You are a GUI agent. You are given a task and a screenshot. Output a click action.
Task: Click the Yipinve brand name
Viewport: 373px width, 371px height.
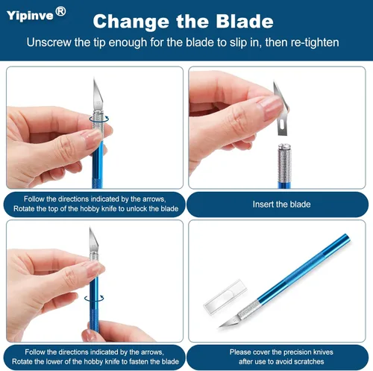coord(30,16)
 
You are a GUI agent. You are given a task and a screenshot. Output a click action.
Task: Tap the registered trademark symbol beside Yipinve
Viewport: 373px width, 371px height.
coord(60,12)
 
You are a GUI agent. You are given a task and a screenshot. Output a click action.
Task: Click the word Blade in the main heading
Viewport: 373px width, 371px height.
coord(245,21)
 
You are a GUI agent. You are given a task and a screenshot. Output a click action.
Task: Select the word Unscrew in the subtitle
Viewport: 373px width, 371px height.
coord(48,43)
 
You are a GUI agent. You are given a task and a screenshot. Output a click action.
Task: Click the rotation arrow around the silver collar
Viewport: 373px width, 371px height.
coord(99,119)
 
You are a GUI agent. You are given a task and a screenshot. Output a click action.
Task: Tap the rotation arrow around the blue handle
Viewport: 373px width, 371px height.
coord(94,298)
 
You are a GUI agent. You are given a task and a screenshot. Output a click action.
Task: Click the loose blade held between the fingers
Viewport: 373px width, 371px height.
coord(280,108)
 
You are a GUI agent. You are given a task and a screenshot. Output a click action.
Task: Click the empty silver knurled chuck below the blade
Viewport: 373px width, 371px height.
coord(284,163)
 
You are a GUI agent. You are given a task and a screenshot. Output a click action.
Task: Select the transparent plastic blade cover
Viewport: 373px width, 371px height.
coord(225,297)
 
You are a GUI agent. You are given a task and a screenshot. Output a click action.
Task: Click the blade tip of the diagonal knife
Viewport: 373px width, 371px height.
coord(219,327)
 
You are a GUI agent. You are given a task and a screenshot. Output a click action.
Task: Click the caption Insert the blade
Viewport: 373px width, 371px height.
coord(281,205)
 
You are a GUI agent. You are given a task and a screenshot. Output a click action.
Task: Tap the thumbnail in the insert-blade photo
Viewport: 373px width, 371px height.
coord(271,107)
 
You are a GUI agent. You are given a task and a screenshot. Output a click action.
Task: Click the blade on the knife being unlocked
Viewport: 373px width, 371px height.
coord(98,95)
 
